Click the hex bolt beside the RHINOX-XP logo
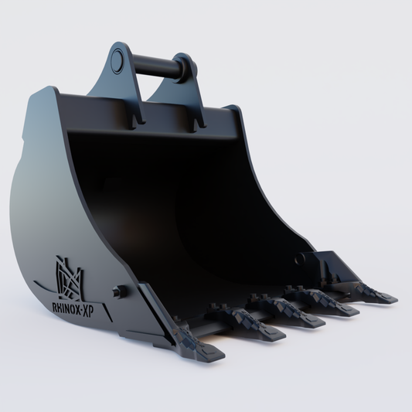tap(118, 292)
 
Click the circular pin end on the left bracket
tap(117, 60)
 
